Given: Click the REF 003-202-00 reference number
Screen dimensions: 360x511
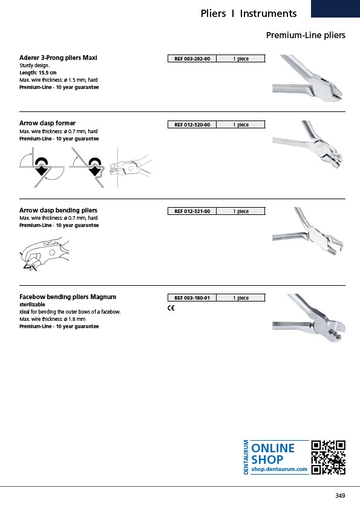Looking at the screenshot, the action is [192, 59].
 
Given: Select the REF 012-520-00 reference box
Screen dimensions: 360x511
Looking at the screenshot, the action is [192, 125].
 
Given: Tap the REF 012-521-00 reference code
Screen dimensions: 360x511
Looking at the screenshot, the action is [192, 211].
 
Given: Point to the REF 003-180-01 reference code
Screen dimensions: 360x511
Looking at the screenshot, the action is [192, 298].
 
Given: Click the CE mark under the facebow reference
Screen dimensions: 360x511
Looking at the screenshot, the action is [171, 308].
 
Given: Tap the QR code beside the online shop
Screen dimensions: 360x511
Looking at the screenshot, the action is [329, 457].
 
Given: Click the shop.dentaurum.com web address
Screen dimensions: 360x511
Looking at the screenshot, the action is [279, 469].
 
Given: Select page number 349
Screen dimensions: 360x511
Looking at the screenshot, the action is [340, 495].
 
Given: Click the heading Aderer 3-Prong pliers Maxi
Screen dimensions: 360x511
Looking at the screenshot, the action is [58, 58].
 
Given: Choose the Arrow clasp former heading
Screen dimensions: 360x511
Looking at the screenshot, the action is [47, 123].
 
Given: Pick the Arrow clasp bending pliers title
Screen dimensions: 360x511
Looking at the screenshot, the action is [58, 210].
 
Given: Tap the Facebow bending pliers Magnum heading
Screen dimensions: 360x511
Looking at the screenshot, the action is [68, 297].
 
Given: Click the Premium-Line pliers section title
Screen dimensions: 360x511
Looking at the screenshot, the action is [306, 35].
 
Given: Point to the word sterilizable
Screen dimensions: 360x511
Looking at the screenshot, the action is [32, 305].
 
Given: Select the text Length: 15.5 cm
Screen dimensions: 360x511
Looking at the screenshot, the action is [38, 73].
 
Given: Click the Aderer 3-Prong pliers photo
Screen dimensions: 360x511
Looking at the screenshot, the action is [307, 78].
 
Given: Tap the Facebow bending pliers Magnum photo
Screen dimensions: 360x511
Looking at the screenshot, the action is [309, 318].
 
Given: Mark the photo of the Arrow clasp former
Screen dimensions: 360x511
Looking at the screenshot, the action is [307, 144].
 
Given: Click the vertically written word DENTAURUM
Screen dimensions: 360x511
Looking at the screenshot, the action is [246, 457].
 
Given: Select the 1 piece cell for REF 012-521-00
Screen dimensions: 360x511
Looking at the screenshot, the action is [241, 211].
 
